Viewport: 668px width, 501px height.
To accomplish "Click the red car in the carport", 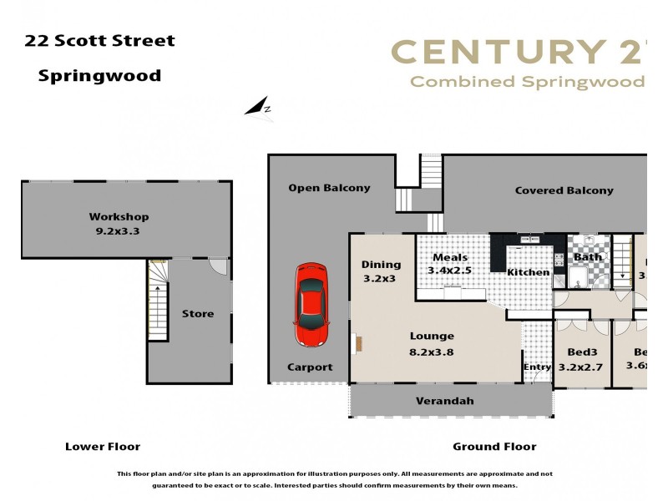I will [x=310, y=305].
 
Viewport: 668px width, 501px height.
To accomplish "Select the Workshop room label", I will [x=119, y=217].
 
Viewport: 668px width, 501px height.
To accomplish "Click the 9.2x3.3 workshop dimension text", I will [x=119, y=231].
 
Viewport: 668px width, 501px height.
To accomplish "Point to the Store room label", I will [x=198, y=314].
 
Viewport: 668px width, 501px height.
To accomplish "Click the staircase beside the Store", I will [x=158, y=301].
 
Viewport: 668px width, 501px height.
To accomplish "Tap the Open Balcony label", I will [x=329, y=188].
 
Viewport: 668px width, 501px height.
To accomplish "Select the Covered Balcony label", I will [x=564, y=190].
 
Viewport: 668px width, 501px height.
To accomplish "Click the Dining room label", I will [x=381, y=265].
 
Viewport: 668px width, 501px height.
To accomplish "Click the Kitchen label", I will [x=529, y=272].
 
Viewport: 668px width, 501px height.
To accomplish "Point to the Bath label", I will [x=588, y=257].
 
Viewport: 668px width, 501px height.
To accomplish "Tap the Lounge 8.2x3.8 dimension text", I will [x=432, y=352].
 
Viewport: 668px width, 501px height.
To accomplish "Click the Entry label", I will [x=537, y=367].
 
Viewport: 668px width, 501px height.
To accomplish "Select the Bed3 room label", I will [x=583, y=352].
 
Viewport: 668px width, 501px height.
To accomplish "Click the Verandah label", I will [x=445, y=401].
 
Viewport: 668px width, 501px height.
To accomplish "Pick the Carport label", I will [x=310, y=367].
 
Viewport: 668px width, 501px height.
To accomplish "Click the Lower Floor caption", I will [x=103, y=447].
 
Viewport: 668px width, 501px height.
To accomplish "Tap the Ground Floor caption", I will [x=494, y=447].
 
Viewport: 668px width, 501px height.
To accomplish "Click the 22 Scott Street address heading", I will [x=99, y=41].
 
